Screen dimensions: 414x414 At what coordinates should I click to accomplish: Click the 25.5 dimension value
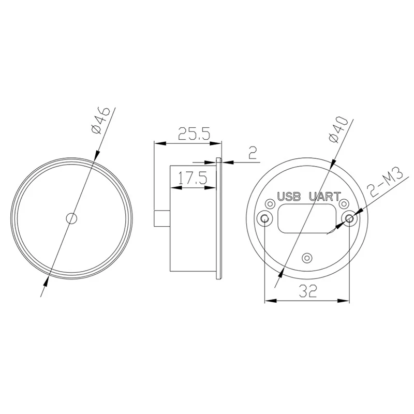pos(194,135)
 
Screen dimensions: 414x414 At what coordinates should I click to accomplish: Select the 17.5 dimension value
pos(192,179)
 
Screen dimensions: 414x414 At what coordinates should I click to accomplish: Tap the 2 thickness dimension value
pos(253,153)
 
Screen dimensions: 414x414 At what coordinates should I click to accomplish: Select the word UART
pos(324,197)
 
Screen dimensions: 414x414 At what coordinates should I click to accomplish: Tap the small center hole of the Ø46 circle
pos(72,218)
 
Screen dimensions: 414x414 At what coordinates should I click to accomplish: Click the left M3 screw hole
pos(265,218)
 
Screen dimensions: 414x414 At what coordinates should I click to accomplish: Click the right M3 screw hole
pos(349,218)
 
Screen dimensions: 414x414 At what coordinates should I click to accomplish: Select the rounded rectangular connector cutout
pos(307,218)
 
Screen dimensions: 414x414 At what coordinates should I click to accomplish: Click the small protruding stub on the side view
pos(162,218)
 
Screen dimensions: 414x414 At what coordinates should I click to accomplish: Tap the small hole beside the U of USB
pos(270,202)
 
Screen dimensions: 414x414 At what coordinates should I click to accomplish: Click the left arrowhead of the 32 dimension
pos(269,299)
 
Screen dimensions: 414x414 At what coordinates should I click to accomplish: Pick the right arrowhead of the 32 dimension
pos(346,299)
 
